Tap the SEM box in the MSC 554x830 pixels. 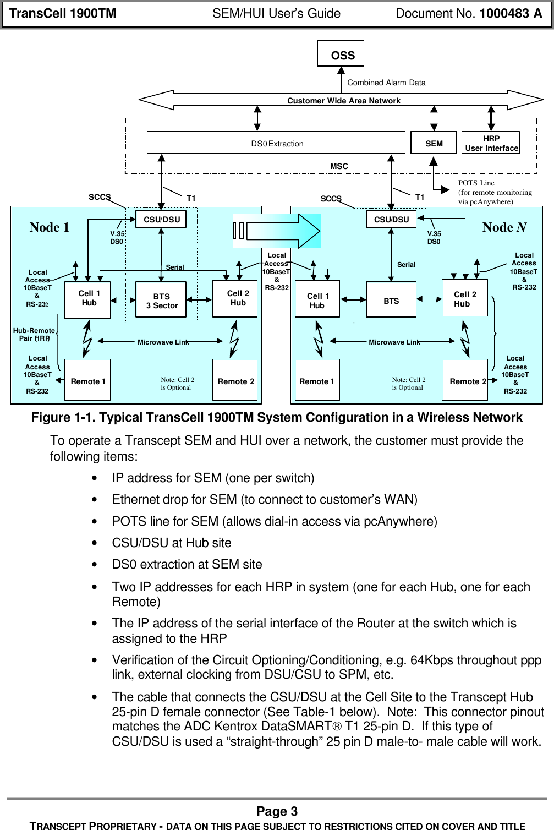(x=434, y=143)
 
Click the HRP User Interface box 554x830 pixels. (x=491, y=143)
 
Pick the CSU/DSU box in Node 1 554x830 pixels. (x=161, y=219)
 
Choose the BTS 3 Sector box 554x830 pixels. (x=161, y=301)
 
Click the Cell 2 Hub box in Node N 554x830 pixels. (x=464, y=298)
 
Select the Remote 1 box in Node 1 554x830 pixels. (x=87, y=380)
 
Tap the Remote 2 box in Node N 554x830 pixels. (x=465, y=380)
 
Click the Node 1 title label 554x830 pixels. (x=50, y=227)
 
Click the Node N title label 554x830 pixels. (x=504, y=227)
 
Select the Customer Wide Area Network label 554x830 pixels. (x=343, y=101)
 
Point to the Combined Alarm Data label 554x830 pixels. (x=386, y=83)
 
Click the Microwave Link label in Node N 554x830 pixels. (x=394, y=342)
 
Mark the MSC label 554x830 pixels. (x=339, y=166)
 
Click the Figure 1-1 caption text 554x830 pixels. (x=277, y=417)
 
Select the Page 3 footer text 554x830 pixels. (x=277, y=811)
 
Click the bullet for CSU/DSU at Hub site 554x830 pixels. (x=96, y=543)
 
